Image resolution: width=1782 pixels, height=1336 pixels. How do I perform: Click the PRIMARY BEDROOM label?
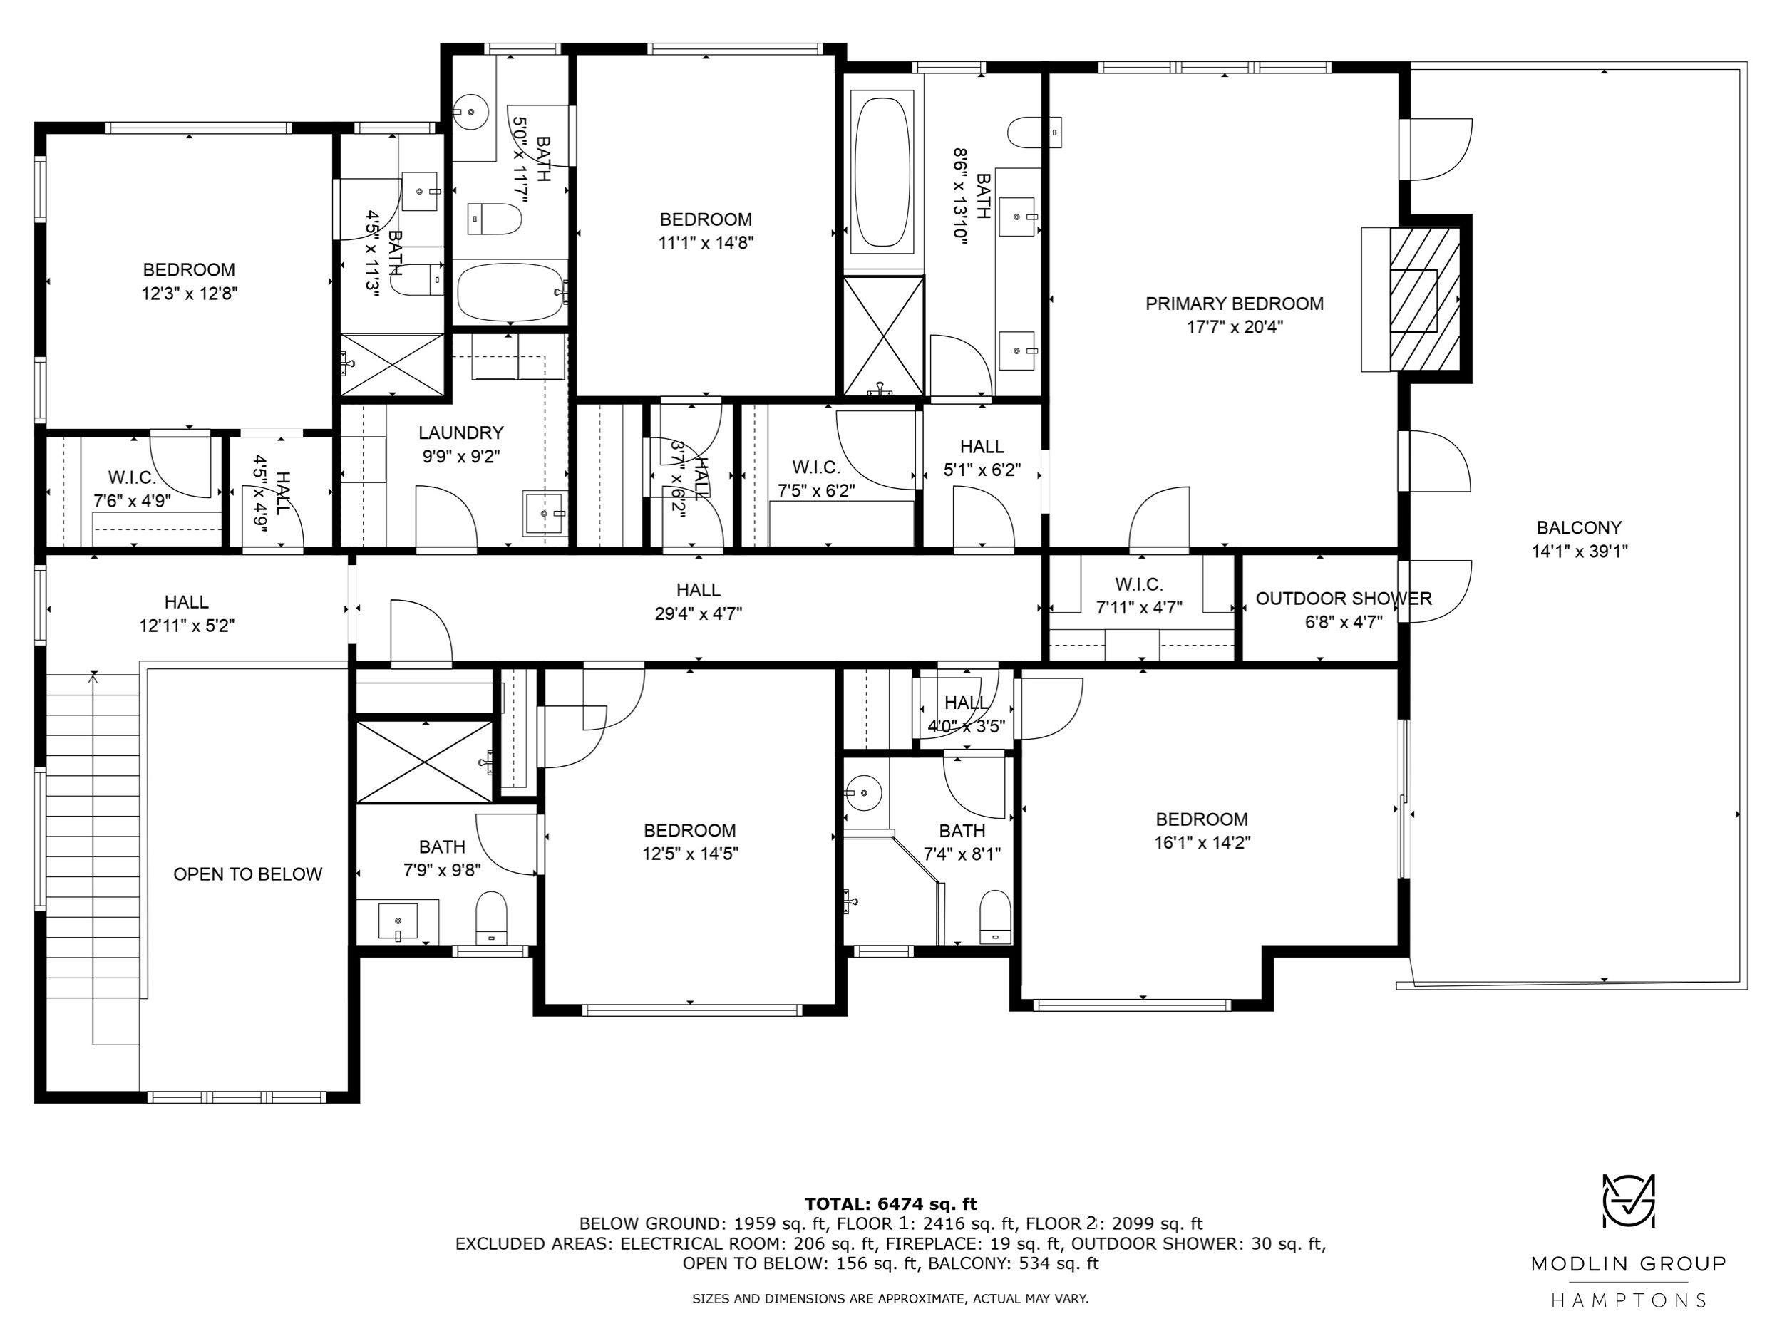pos(1234,304)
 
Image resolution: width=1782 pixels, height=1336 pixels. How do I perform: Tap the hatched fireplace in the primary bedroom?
pos(1425,299)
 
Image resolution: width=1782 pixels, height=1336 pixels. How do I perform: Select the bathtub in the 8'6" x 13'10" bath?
pos(882,172)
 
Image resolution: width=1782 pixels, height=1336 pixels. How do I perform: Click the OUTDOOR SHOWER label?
pos(1344,599)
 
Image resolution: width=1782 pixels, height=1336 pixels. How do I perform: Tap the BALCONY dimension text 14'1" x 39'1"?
pos(1579,552)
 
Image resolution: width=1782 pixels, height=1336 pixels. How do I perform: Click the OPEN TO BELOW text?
pos(248,874)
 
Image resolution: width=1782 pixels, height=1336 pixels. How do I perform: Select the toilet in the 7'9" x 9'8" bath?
pos(490,916)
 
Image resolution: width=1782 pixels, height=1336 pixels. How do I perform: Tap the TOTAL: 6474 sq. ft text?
pos(890,1204)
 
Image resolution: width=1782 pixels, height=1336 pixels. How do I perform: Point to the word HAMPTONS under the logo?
pos(1628,1300)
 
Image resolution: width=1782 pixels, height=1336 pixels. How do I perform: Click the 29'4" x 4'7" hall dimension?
pos(699,613)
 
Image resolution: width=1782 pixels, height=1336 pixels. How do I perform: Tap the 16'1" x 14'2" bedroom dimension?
pos(1202,842)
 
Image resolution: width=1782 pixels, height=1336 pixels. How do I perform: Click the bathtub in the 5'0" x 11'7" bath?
pos(509,294)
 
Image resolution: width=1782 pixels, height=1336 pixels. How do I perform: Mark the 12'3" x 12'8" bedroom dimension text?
pos(190,293)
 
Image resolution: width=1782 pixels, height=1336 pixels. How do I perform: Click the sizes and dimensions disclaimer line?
pos(890,1298)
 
